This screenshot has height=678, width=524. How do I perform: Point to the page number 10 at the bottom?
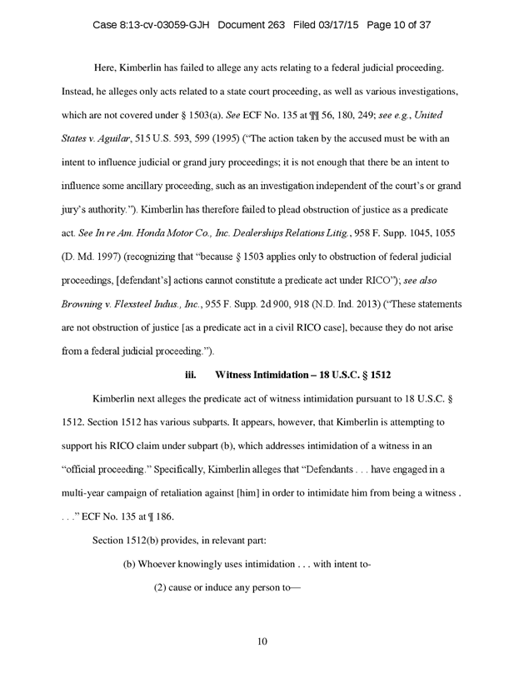point(262,641)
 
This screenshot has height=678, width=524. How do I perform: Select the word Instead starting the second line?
point(79,87)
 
